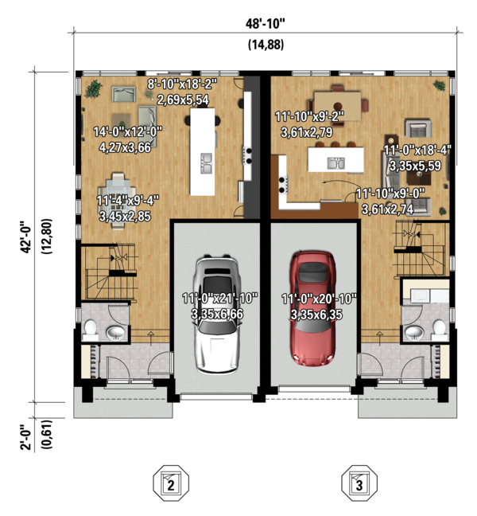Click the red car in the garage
[313, 308]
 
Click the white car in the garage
[217, 315]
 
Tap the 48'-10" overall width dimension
[266, 24]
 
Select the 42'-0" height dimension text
[26, 237]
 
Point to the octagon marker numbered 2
[171, 483]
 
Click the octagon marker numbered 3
[359, 483]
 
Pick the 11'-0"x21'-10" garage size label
[219, 299]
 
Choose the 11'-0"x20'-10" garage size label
[319, 299]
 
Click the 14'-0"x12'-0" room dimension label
[128, 132]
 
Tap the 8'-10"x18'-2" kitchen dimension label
[182, 84]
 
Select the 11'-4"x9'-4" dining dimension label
[128, 200]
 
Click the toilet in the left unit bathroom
[91, 330]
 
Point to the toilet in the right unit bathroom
[439, 330]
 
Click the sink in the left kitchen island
[207, 163]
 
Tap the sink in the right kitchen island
[336, 163]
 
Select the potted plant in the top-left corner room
[94, 88]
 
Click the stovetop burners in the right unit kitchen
[283, 185]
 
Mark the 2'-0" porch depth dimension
[26, 436]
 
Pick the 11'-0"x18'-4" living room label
[417, 150]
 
